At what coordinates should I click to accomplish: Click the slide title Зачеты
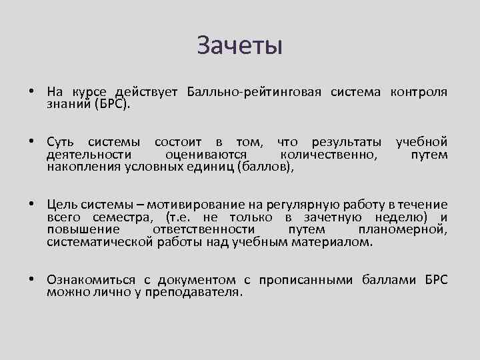click(240, 46)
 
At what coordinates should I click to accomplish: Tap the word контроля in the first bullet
click(418, 91)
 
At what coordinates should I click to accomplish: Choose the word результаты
click(344, 142)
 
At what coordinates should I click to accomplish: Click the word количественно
click(327, 155)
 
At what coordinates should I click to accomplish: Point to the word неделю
click(397, 217)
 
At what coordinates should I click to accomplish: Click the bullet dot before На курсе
click(31, 91)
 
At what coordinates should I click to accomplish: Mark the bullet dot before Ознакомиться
click(31, 279)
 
